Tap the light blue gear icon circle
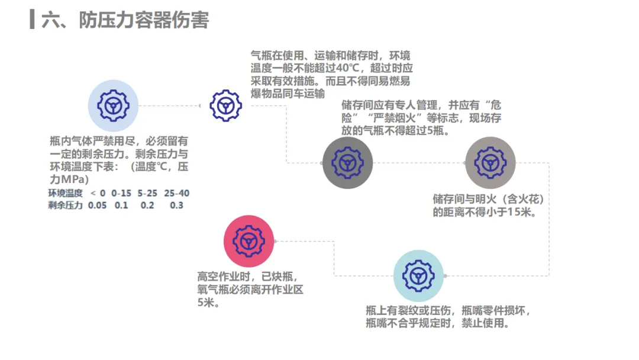tap(113, 106)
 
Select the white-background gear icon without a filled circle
tap(225, 106)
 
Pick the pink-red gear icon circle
tap(248, 241)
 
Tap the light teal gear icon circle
tap(418, 275)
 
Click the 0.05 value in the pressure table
tap(98, 205)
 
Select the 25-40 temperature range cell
tap(176, 193)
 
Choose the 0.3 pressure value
tap(176, 205)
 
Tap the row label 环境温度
tap(65, 193)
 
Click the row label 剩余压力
tap(65, 205)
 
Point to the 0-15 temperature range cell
tap(121, 193)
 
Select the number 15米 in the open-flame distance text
tap(521, 211)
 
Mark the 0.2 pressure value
tap(147, 205)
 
